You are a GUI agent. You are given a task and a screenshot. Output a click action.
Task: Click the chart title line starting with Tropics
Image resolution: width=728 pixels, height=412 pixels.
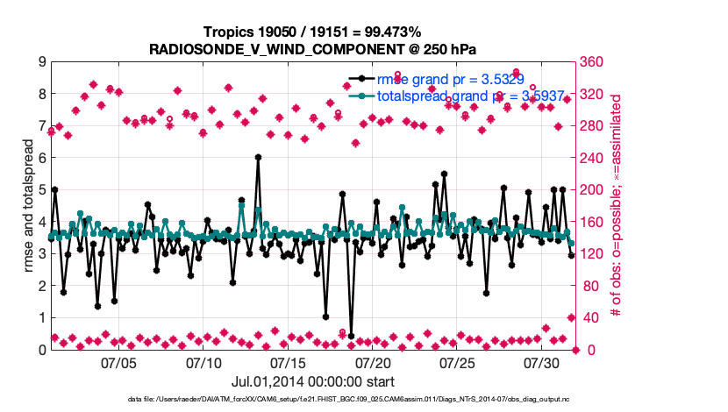click(313, 32)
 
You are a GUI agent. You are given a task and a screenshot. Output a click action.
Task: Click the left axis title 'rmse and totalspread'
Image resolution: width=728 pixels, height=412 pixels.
click(29, 206)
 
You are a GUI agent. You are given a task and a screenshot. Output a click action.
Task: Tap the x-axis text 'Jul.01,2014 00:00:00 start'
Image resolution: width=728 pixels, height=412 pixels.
click(312, 381)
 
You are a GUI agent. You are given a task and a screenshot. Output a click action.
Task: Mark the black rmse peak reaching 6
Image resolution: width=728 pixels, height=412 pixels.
click(258, 158)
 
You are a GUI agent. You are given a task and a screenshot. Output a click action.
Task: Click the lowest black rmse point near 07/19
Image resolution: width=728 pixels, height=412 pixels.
click(351, 337)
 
